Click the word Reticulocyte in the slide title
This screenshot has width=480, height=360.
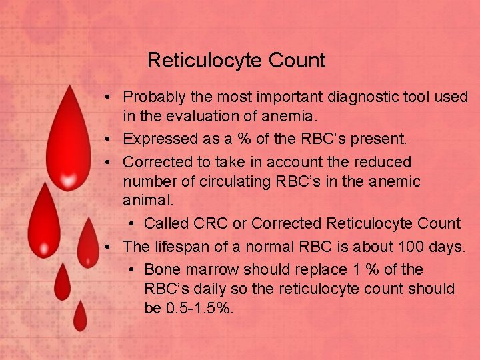pyautogui.click(x=205, y=61)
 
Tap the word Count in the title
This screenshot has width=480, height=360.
pyautogui.click(x=297, y=61)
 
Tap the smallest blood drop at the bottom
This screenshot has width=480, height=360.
pyautogui.click(x=80, y=317)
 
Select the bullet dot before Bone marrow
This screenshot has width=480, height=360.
pyautogui.click(x=131, y=270)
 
